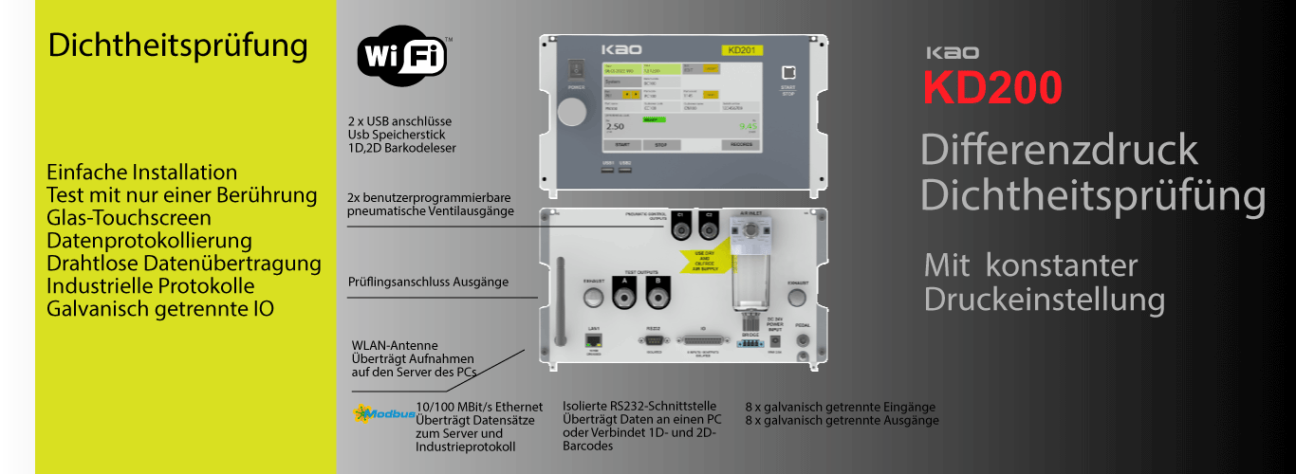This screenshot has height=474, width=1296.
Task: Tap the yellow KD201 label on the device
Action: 742,49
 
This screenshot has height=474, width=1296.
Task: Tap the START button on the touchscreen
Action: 621,145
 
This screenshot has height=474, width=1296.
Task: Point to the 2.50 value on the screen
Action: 615,126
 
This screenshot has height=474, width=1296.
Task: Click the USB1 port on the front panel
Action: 608,171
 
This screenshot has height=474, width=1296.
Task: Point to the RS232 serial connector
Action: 653,339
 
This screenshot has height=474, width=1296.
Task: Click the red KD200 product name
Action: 992,87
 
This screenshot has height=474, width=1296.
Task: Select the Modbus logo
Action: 383,413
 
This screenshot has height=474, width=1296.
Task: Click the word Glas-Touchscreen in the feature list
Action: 128,218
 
